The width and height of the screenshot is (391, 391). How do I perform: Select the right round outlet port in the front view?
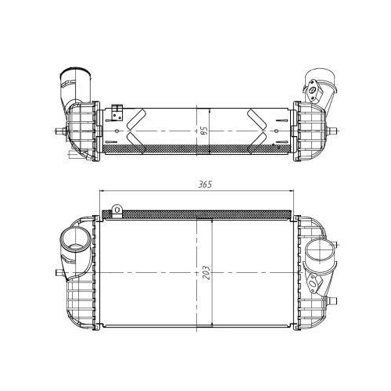(320, 252)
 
